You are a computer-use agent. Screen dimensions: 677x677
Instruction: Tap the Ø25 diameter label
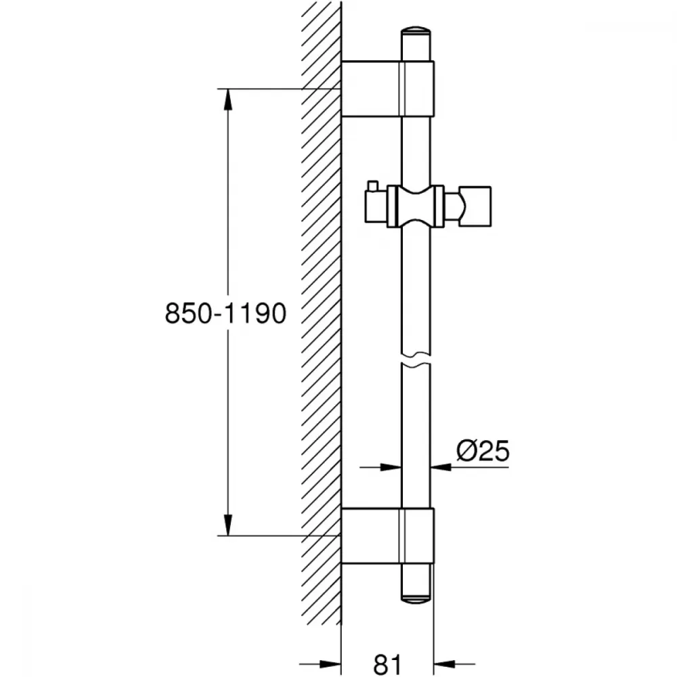[483, 451]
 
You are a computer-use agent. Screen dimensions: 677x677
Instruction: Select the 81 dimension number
[387, 665]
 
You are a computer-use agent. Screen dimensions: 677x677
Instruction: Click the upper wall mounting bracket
[387, 89]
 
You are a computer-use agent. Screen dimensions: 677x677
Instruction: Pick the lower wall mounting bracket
[387, 536]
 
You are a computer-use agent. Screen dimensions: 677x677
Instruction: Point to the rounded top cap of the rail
[416, 32]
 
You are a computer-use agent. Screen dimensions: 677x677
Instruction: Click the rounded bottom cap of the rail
[416, 598]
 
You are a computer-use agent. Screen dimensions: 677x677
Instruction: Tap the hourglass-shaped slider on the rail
[416, 206]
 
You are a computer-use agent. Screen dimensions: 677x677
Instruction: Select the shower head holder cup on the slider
[475, 206]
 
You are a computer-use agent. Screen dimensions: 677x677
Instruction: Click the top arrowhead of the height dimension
[227, 100]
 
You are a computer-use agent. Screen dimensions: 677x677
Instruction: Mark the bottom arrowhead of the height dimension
[227, 525]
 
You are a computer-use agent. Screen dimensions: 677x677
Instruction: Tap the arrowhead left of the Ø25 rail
[391, 466]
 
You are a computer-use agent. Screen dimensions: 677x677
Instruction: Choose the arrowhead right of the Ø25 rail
[441, 466]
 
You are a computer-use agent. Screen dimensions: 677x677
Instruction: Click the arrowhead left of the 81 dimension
[330, 663]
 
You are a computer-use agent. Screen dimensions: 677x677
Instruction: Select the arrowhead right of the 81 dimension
[445, 663]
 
